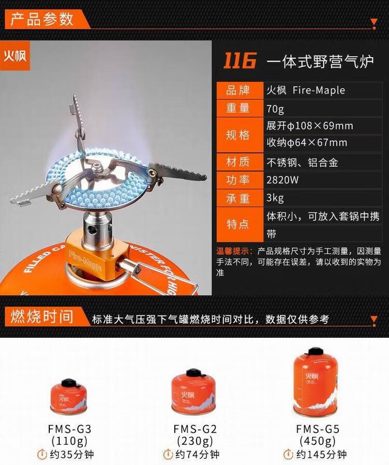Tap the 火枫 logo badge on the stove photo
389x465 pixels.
tap(15, 56)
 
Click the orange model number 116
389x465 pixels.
tap(240, 61)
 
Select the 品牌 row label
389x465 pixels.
tap(238, 90)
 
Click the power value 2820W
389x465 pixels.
tap(283, 181)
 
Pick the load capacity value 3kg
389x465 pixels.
tap(275, 199)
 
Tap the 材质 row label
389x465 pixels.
tap(238, 162)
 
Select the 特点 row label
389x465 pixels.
tap(238, 224)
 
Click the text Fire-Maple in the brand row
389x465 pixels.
tap(318, 90)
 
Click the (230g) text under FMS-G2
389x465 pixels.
tap(195, 442)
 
